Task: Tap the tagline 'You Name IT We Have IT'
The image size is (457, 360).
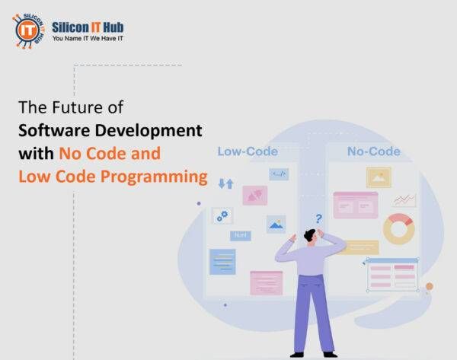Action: pyautogui.click(x=88, y=36)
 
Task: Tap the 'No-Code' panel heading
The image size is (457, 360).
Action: pyautogui.click(x=373, y=151)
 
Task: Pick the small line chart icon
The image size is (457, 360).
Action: pyautogui.click(x=404, y=200)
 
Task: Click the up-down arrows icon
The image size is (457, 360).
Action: pyautogui.click(x=225, y=183)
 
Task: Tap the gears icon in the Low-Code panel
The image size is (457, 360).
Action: pyautogui.click(x=222, y=216)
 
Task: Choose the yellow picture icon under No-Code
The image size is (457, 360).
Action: pyautogui.click(x=378, y=177)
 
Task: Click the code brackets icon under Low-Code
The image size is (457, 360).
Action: pyautogui.click(x=278, y=174)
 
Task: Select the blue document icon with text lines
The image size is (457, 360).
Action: pyautogui.click(x=222, y=261)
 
